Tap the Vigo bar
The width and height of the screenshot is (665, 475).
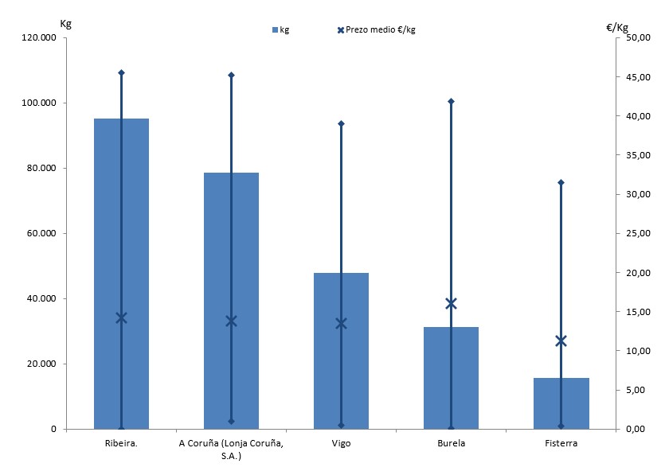(327, 350)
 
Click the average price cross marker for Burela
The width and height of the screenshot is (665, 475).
(451, 303)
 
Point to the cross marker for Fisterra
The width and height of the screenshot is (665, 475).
(561, 341)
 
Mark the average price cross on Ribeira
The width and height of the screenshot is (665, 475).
(122, 317)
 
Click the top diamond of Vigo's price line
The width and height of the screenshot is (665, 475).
(341, 123)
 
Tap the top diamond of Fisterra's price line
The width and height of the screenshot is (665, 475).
(561, 182)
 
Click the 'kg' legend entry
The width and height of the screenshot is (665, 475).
(280, 30)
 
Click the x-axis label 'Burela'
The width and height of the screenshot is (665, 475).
(451, 443)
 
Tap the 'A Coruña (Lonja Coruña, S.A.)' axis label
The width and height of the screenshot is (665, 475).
(231, 449)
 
